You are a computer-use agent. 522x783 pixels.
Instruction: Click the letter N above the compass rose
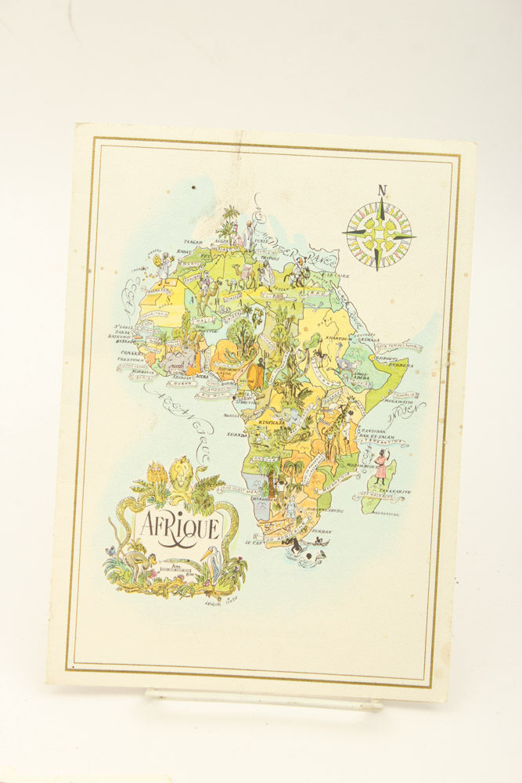click(381, 190)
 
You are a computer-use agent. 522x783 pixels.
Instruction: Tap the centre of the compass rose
click(380, 234)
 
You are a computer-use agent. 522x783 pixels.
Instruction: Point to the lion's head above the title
click(182, 472)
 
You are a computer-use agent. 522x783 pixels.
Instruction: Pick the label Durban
click(322, 531)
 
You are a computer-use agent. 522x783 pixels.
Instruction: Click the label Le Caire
click(338, 276)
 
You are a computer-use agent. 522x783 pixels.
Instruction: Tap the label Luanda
click(238, 434)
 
